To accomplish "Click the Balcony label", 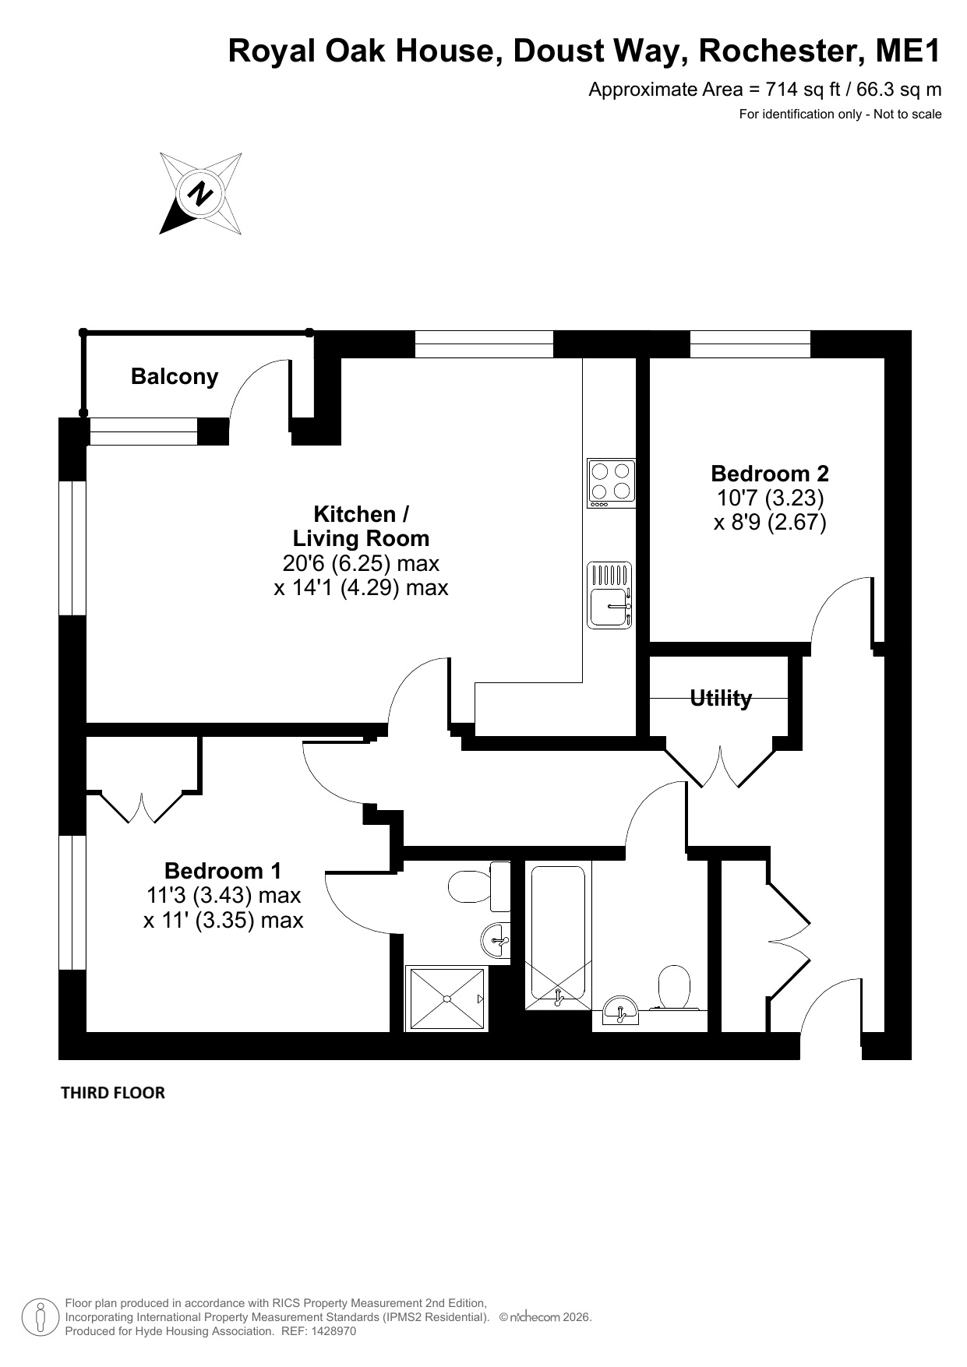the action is (x=175, y=377).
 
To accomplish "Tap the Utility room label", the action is (x=721, y=698).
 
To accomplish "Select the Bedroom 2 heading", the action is (x=770, y=473).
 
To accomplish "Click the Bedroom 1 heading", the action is (x=223, y=870).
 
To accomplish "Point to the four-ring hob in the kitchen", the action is (x=611, y=483).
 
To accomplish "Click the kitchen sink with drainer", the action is (x=609, y=596).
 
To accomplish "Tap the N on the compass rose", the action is (x=201, y=193).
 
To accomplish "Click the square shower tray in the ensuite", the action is (x=447, y=999).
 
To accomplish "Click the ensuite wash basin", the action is (x=496, y=941).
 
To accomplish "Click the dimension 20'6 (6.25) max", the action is (x=361, y=562).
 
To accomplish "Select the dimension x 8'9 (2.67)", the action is (x=770, y=521).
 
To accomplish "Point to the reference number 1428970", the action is (x=333, y=1331).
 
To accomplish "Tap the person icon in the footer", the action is (x=40, y=1317).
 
